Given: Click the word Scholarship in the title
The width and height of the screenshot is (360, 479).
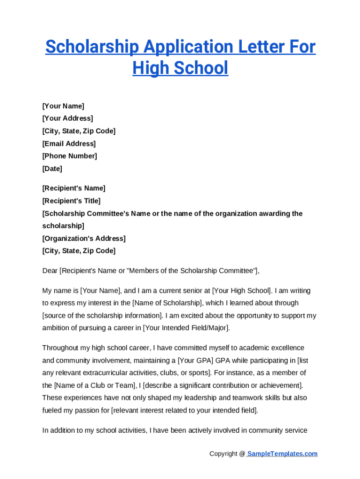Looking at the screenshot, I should tap(92, 47).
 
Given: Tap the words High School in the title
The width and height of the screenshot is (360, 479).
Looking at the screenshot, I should tap(180, 68).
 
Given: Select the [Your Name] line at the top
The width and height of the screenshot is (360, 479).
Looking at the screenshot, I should tap(63, 106).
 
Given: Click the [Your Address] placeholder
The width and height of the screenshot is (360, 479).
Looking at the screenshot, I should tap(67, 118).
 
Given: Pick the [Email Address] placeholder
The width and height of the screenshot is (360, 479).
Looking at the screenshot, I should tap(69, 144).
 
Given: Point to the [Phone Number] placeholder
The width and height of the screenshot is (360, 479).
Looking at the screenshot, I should tap(69, 156).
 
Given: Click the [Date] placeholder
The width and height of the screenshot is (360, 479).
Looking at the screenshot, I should tap(52, 168).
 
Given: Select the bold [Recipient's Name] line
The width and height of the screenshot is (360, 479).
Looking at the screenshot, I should tap(74, 188).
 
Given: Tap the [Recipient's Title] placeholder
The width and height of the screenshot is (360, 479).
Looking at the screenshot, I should tap(71, 201).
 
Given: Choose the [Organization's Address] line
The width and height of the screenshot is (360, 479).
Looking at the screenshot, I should tap(84, 239).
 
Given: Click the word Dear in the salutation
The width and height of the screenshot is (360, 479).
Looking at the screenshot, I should tap(50, 270).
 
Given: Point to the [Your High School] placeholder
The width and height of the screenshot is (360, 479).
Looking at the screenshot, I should tap(242, 290).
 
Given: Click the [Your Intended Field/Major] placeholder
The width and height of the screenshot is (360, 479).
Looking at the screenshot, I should tap(186, 328).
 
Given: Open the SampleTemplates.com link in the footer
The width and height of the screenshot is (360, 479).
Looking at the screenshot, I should tap(282, 454).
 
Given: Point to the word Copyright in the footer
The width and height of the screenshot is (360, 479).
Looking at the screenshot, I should tap(224, 454).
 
